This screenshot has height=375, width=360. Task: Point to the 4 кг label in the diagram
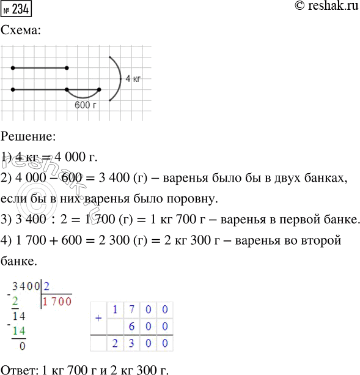coord(133,79)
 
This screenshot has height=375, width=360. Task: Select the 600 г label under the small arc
coord(85,105)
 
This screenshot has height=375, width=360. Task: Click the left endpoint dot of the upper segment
coord(13,68)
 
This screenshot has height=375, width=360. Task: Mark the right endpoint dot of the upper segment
coord(67,68)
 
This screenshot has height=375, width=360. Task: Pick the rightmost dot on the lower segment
coord(100,89)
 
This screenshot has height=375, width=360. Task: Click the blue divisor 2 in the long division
coord(47,284)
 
